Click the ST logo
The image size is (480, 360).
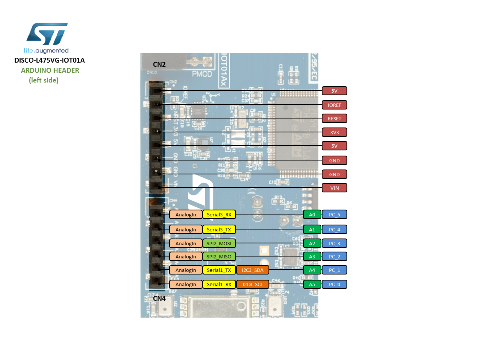pyautogui.click(x=46, y=34)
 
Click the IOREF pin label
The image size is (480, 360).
pyautogui.click(x=334, y=105)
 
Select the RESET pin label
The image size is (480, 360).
pyautogui.click(x=334, y=118)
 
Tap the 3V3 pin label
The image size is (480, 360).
pyautogui.click(x=334, y=132)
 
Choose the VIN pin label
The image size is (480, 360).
pyautogui.click(x=334, y=188)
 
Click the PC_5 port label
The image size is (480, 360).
pyautogui.click(x=334, y=214)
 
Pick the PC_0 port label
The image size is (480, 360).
pyautogui.click(x=334, y=284)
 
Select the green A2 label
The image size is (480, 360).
pyautogui.click(x=312, y=243)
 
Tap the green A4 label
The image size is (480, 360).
pyautogui.click(x=312, y=270)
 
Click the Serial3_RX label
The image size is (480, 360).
pyautogui.click(x=219, y=214)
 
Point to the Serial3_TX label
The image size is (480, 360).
pyautogui.click(x=219, y=229)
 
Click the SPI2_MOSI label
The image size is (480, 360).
pyautogui.click(x=219, y=243)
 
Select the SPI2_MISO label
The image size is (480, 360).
pyautogui.click(x=219, y=256)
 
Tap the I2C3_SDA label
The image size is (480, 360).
pyautogui.click(x=252, y=270)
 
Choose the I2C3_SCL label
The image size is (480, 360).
pyautogui.click(x=252, y=284)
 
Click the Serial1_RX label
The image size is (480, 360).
pyautogui.click(x=219, y=284)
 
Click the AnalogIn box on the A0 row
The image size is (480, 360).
pyautogui.click(x=186, y=214)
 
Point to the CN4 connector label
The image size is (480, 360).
pyautogui.click(x=159, y=298)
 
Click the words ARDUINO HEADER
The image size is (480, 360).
pyautogui.click(x=50, y=70)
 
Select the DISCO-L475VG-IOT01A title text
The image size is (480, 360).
pyautogui.click(x=49, y=60)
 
